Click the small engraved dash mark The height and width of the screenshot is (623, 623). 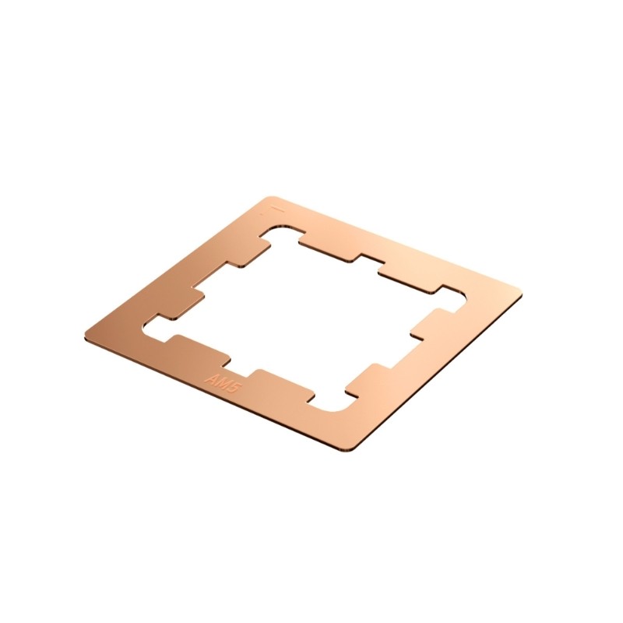275,209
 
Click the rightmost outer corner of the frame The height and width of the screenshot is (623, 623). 520,294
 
